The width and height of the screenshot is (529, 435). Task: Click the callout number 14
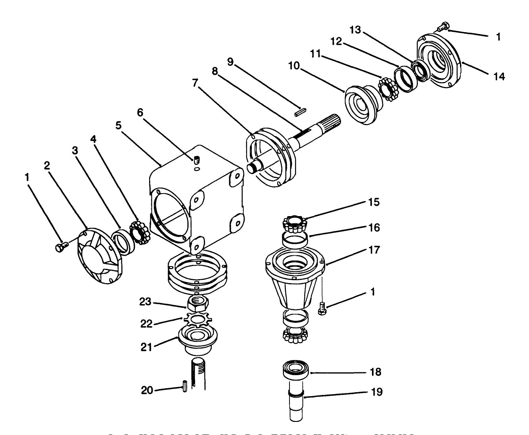tap(499, 77)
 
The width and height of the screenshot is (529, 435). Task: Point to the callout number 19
tap(377, 392)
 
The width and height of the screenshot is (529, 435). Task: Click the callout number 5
tap(118, 126)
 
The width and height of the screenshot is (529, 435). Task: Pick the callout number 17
tap(374, 250)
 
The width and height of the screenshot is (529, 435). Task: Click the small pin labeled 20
tap(185, 386)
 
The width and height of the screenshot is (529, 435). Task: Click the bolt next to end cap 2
tap(61, 247)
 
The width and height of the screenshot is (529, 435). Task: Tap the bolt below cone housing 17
tap(322, 308)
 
